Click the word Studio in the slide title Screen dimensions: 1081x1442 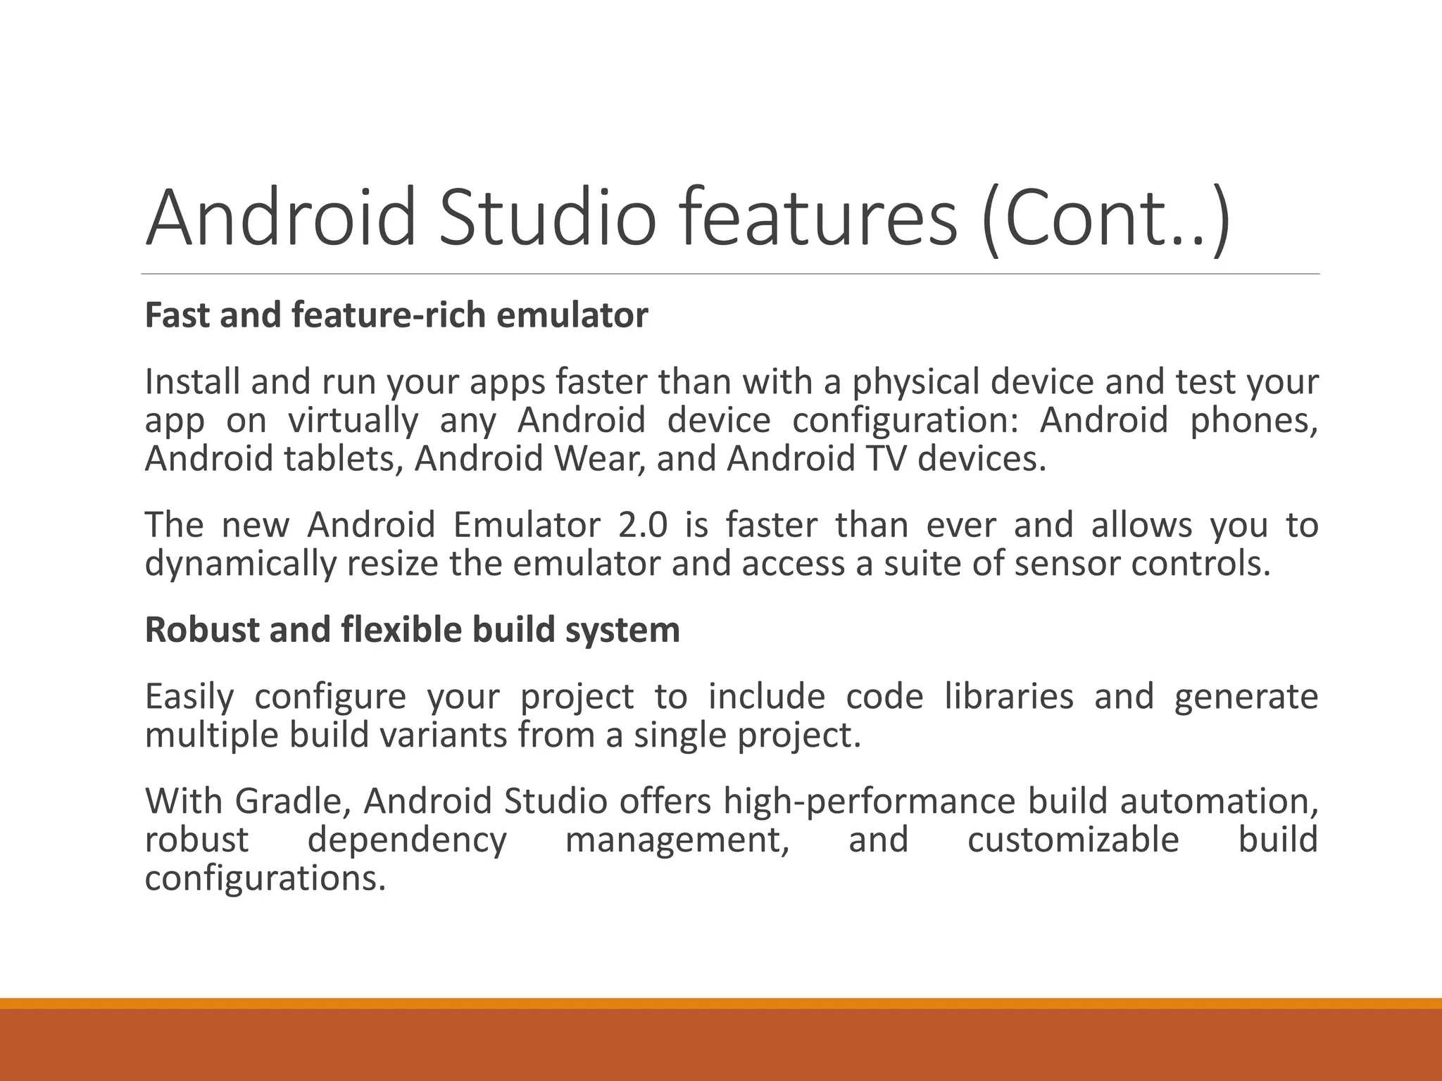pos(547,217)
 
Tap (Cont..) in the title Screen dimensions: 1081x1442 pos(1105,217)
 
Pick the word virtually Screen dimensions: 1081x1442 pos(353,421)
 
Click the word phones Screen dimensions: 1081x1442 pos(1253,421)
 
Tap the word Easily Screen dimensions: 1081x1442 pos(189,697)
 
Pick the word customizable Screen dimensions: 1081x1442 pos(1073,840)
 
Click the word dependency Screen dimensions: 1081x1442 pos(407,840)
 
